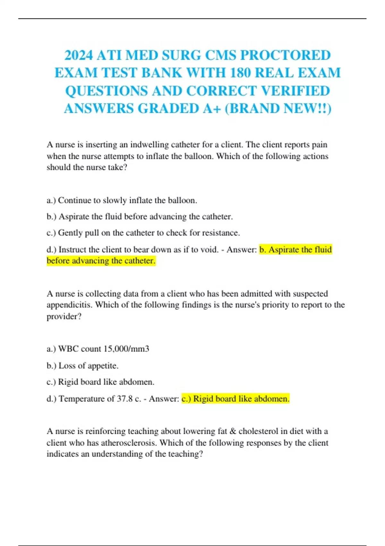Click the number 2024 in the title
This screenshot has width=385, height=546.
coord(78,55)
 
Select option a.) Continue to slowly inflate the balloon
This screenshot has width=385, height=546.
coord(122,200)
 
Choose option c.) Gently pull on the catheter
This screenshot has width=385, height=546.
coord(143,233)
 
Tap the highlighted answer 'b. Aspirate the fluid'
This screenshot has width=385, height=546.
coord(295,250)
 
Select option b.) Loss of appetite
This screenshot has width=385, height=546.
coord(83,366)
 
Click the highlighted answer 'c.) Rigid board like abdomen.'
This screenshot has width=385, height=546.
coord(235,399)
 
